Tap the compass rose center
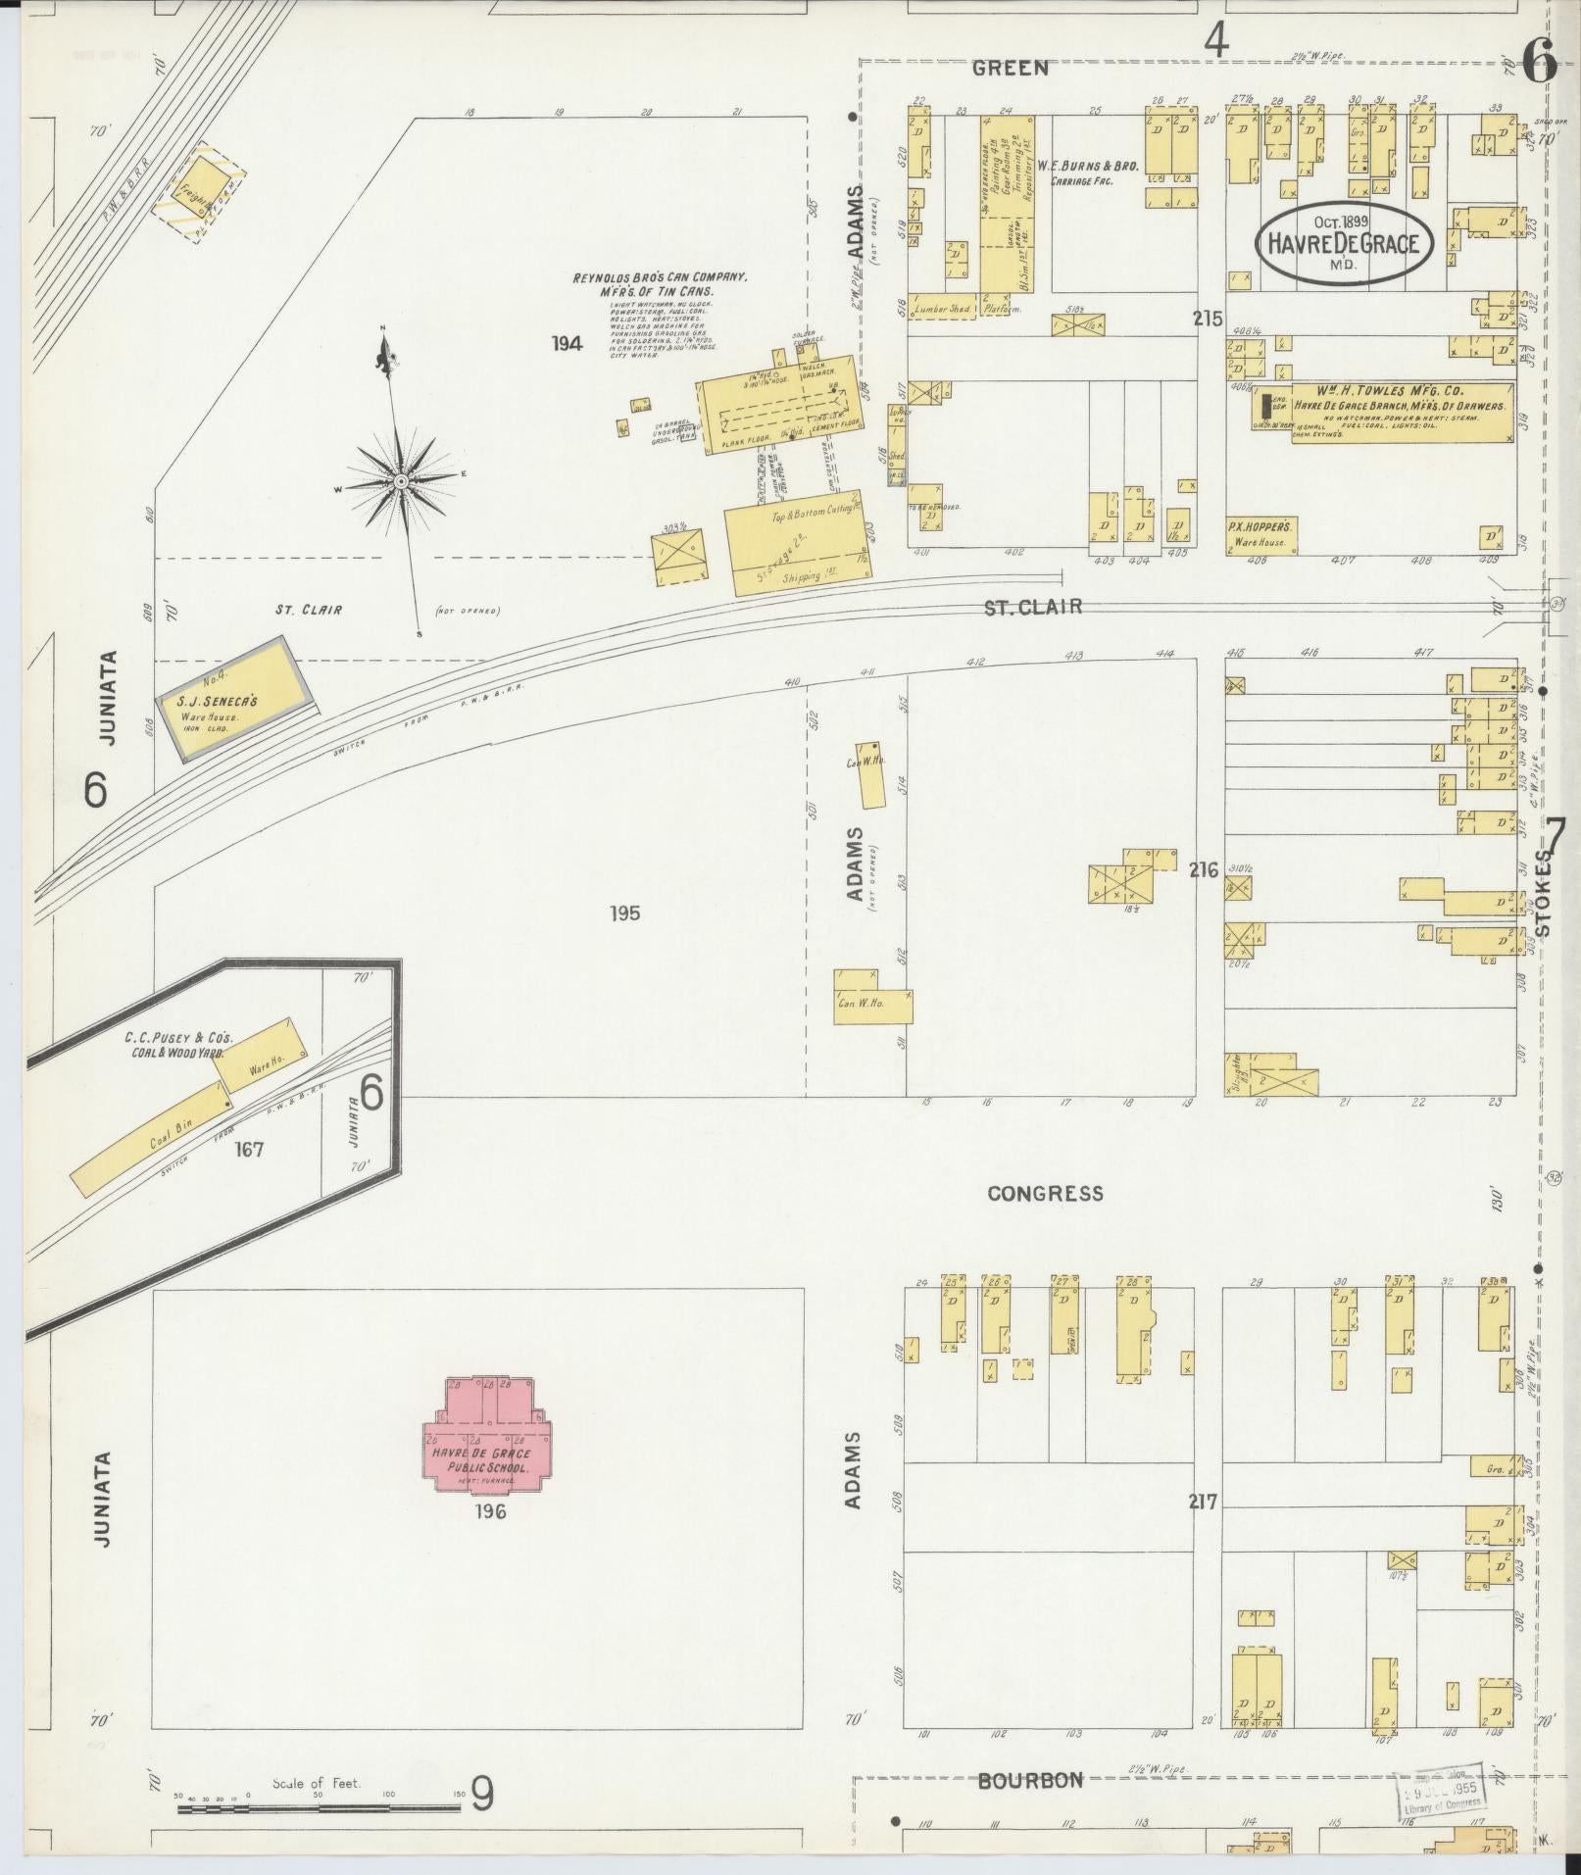click(401, 482)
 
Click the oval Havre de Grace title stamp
click(1344, 243)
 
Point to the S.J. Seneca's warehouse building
click(237, 698)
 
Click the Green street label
click(1010, 69)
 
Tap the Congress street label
click(1045, 1194)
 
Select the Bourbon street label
click(1030, 1780)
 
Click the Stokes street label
click(1544, 892)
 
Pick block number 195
click(624, 913)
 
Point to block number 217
click(1203, 1502)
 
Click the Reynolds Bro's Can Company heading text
click(660, 284)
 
